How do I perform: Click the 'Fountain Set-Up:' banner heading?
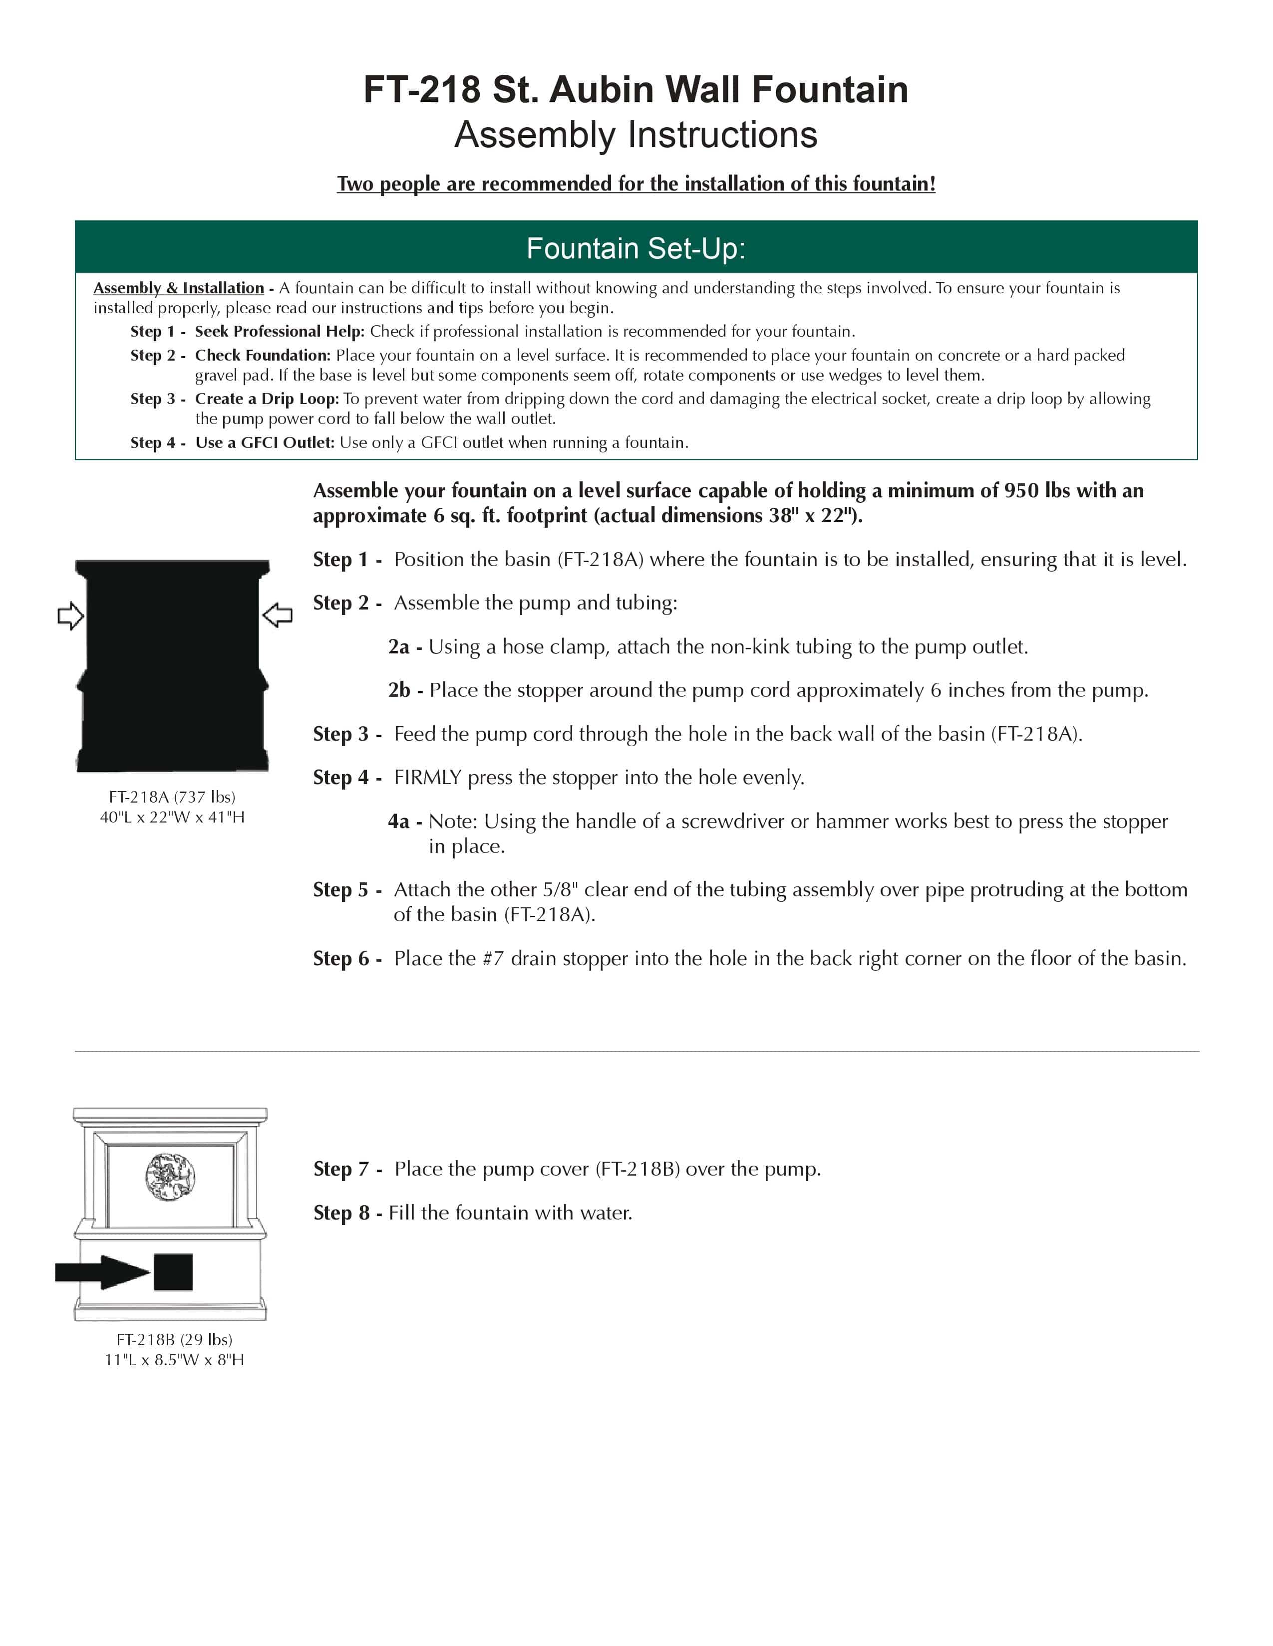636,248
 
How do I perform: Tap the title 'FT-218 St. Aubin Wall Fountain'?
636,90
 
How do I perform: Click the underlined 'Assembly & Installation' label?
179,288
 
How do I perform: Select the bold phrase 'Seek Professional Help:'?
280,332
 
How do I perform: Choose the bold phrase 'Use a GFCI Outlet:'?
265,442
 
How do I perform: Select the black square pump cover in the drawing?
173,1272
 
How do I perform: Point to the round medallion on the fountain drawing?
170,1176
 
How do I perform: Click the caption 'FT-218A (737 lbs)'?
172,797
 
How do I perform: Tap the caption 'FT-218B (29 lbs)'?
174,1339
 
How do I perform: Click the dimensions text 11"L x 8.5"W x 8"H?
174,1360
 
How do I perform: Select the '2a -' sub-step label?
405,646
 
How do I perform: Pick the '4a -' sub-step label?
405,821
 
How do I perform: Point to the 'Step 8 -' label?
347,1213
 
